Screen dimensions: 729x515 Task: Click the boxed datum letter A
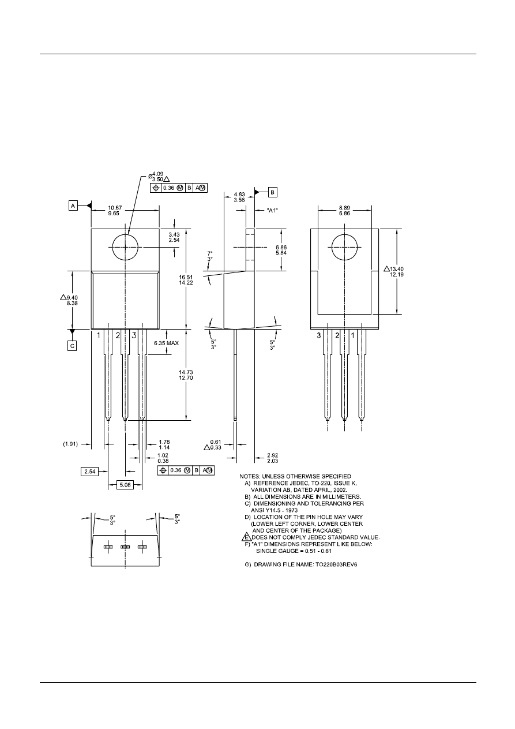click(x=73, y=205)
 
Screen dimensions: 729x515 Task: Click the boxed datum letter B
click(x=273, y=191)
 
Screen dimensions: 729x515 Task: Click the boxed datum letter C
click(x=73, y=345)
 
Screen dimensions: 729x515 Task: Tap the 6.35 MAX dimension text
click(x=167, y=343)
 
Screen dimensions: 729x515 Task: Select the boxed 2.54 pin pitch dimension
click(x=90, y=472)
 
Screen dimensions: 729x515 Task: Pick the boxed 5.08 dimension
click(x=125, y=485)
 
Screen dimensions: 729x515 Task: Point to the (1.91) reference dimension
click(x=70, y=444)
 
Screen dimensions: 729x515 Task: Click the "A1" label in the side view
click(x=272, y=210)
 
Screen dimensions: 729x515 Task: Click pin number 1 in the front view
click(x=99, y=335)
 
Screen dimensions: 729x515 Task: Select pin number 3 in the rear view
click(x=319, y=335)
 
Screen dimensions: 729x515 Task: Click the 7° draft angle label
click(x=210, y=253)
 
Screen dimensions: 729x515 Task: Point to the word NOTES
click(x=252, y=476)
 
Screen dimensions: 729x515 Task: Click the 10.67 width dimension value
click(x=115, y=207)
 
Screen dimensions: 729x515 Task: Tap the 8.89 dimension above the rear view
click(x=344, y=207)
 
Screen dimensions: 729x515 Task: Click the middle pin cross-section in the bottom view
click(x=125, y=547)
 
